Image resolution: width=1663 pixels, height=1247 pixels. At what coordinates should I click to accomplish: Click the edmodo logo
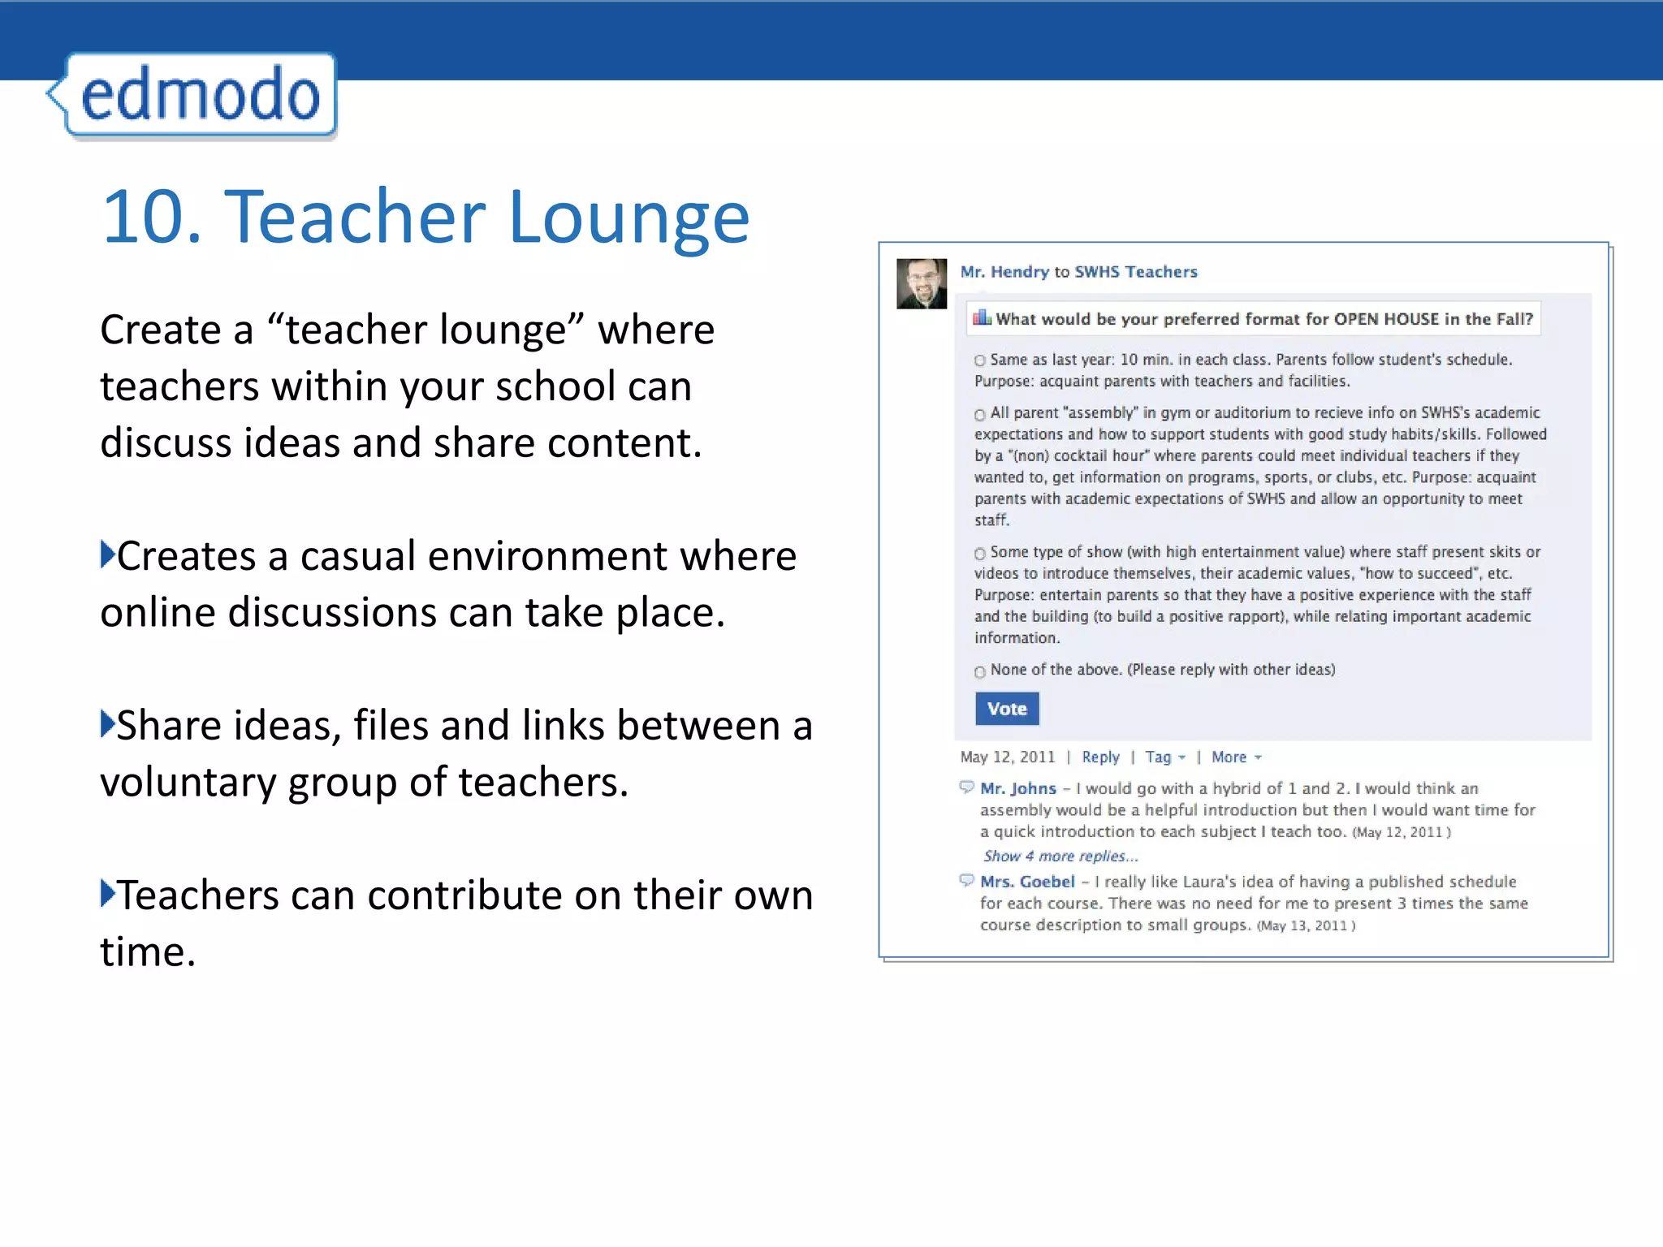click(199, 95)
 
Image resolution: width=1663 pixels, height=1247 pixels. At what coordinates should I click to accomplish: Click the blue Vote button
click(1007, 709)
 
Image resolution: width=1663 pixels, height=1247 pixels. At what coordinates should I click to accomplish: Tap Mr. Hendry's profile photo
click(922, 283)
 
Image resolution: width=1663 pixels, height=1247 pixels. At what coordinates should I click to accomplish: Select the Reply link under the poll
click(1100, 757)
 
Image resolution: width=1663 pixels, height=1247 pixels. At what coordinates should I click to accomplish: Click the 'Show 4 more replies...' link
click(1060, 856)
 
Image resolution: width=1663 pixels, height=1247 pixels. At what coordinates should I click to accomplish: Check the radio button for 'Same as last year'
click(980, 360)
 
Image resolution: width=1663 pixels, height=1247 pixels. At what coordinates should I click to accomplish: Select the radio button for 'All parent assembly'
click(980, 414)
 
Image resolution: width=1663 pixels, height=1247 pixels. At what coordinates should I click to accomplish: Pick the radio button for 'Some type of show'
click(980, 554)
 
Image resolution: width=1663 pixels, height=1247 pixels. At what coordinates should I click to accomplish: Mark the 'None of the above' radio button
click(980, 671)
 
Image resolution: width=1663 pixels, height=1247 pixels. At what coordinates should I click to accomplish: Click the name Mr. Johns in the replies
click(1018, 788)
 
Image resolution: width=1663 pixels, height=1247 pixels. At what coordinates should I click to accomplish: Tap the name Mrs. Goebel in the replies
click(1027, 882)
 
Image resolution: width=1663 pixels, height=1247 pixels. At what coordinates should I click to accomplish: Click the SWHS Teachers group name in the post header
click(1135, 272)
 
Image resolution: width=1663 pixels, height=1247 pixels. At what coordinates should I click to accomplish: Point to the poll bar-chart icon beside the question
click(983, 317)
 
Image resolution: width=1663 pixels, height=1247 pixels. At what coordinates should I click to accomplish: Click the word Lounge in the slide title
click(628, 217)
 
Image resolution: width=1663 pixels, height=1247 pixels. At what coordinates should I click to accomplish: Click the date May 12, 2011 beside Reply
click(1007, 757)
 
